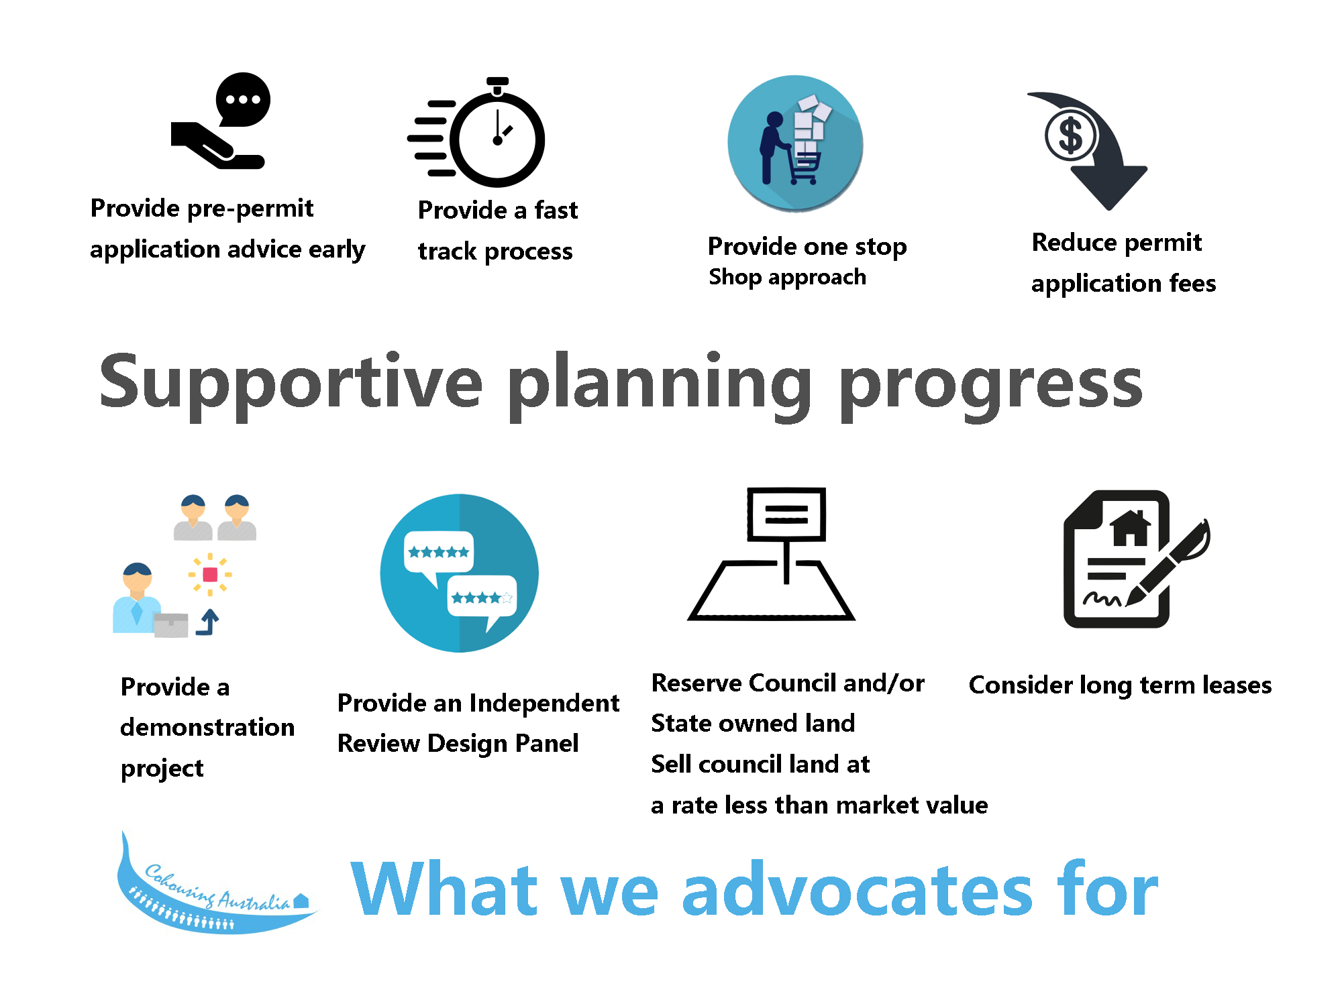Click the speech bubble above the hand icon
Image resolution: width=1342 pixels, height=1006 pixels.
coord(243,99)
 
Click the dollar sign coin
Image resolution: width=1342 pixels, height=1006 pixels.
coord(1071,135)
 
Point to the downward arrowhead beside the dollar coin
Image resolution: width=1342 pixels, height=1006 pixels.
coord(1108,187)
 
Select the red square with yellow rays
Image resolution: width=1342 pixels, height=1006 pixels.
coord(210,575)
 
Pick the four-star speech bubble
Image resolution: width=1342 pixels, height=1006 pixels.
coord(482,600)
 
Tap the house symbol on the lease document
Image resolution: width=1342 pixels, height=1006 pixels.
coord(1131,528)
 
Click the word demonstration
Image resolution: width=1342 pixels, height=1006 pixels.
coord(207,727)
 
